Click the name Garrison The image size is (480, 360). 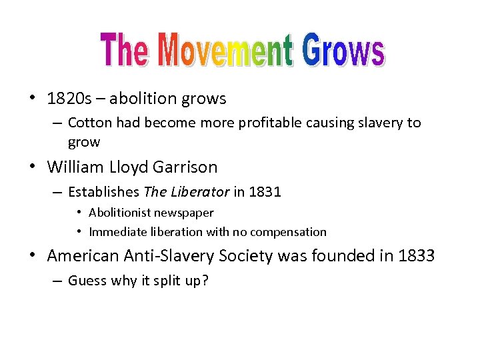[x=187, y=166]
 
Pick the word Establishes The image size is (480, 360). [x=103, y=193]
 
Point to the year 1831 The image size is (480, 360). [x=265, y=193]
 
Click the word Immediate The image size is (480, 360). [x=116, y=232]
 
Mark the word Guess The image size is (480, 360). [x=88, y=281]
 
